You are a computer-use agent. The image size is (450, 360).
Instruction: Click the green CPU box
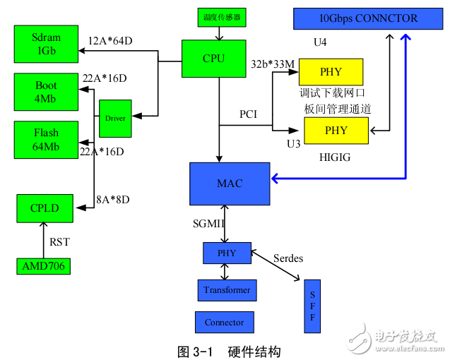coord(213,58)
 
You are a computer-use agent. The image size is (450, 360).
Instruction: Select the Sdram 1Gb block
coord(46,44)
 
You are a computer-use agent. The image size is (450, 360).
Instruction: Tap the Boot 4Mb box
coord(46,92)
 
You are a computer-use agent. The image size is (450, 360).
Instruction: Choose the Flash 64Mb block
coord(46,139)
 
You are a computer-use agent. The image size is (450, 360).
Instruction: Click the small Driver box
coord(115,119)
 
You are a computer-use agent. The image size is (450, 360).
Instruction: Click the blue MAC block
coord(230,184)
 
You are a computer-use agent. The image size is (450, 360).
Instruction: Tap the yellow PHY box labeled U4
coord(331,72)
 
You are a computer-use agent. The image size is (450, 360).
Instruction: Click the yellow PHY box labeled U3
coord(336,131)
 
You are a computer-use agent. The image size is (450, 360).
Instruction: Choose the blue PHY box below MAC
coord(226,253)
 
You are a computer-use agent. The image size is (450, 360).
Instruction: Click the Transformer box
coord(227,290)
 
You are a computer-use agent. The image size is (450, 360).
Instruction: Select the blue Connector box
coord(224,323)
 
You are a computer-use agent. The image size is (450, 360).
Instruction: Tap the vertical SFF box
coord(312,306)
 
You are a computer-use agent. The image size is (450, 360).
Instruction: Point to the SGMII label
coord(210,223)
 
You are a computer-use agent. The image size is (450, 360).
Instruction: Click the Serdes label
coord(288,258)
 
